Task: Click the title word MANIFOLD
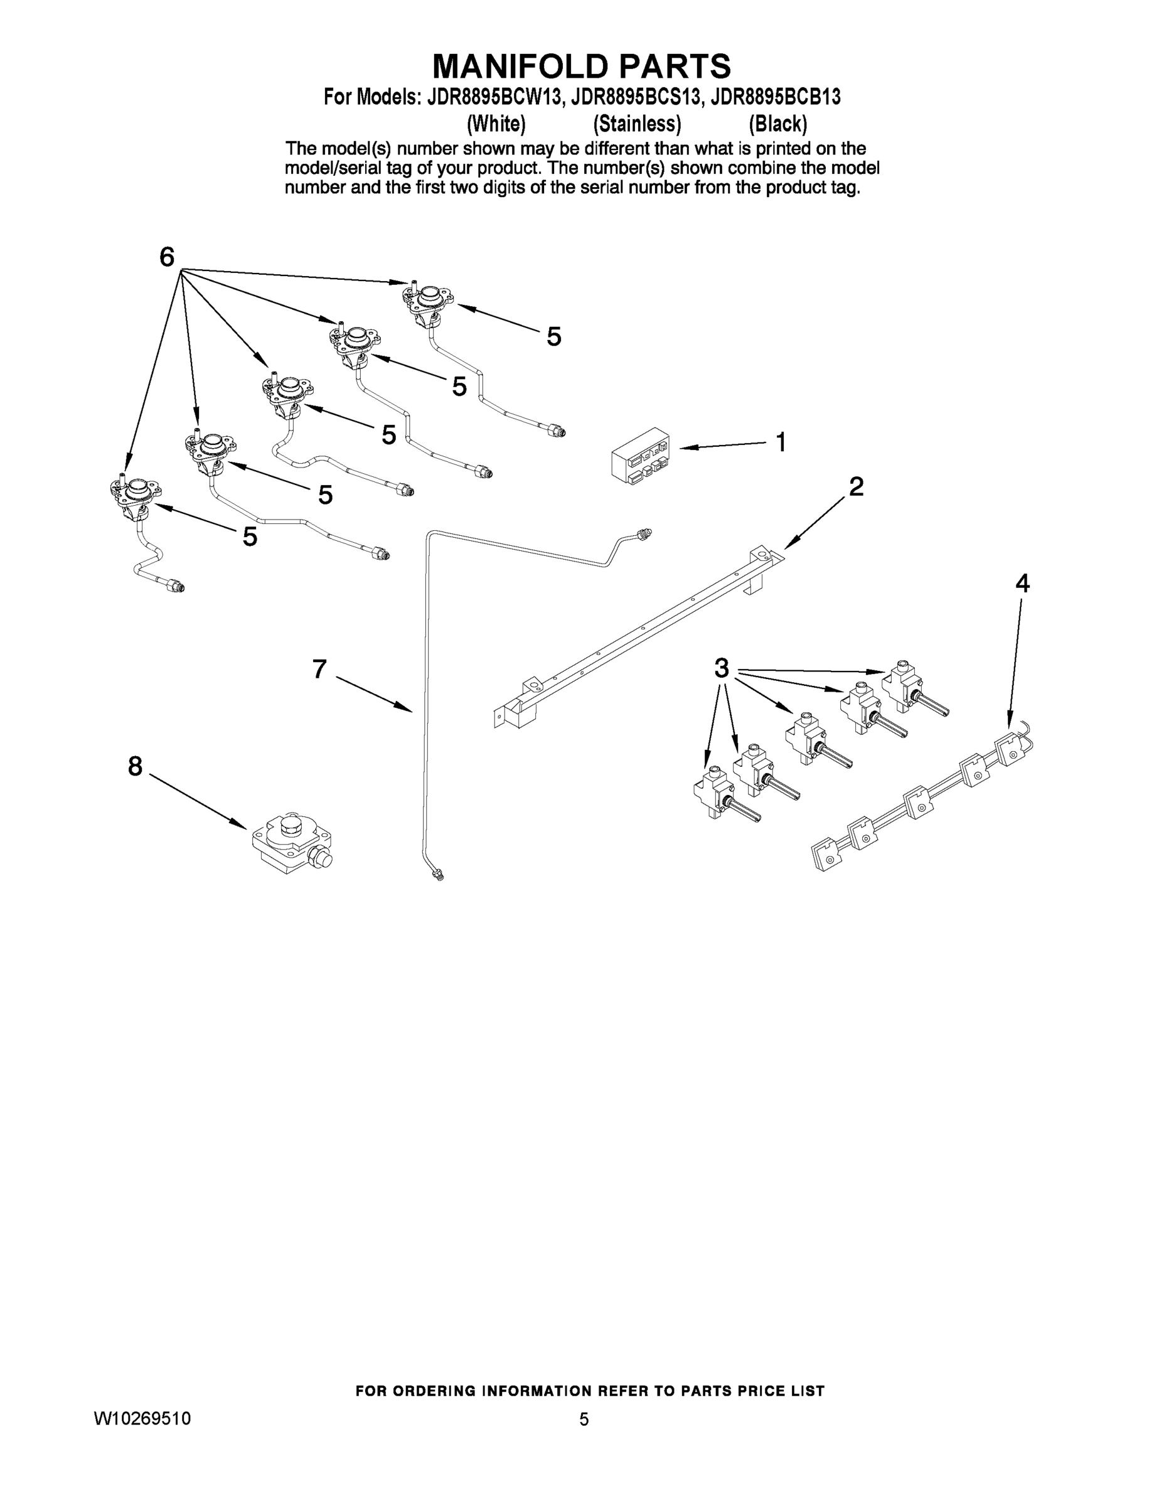point(521,67)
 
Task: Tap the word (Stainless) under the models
point(636,124)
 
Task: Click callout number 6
point(167,257)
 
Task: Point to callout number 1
point(780,442)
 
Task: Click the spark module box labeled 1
point(641,454)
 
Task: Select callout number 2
point(855,487)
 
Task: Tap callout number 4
point(1022,584)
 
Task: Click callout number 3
point(721,668)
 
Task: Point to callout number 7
point(319,669)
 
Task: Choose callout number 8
point(135,766)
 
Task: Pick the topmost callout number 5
point(553,336)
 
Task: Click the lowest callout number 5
point(250,537)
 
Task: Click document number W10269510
point(142,1418)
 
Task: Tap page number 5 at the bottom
point(584,1419)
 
